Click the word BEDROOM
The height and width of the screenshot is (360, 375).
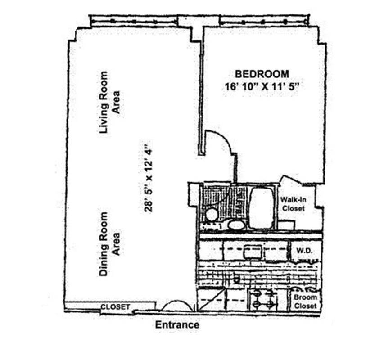(x=262, y=74)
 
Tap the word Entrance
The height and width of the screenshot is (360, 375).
(x=177, y=324)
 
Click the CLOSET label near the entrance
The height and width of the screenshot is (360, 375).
(x=115, y=307)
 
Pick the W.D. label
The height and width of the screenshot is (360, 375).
(x=302, y=250)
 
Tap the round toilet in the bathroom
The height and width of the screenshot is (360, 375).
(x=212, y=215)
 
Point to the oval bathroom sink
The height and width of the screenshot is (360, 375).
(x=235, y=224)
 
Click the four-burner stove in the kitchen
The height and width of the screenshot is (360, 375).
(x=264, y=298)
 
